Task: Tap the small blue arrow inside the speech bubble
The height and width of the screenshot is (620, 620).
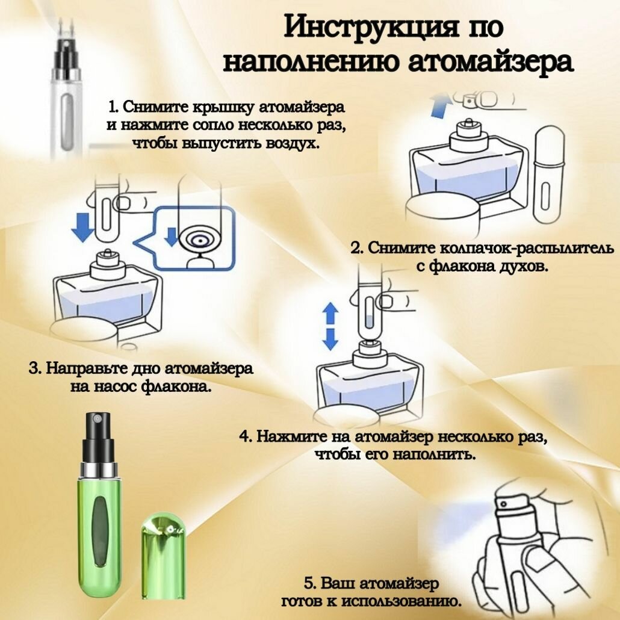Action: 173,237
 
